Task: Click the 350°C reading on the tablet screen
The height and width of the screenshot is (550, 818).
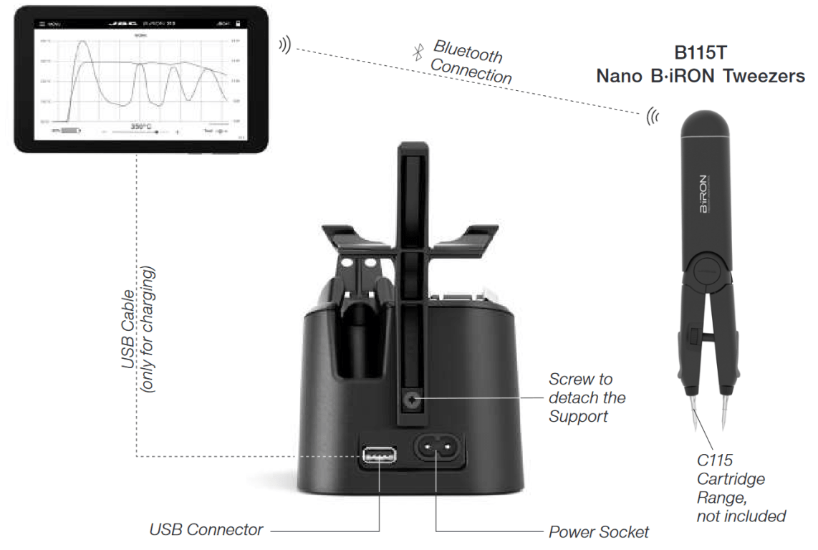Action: [140, 127]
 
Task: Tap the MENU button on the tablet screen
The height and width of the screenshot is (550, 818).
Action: [50, 24]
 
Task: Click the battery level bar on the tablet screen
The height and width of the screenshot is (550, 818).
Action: [69, 132]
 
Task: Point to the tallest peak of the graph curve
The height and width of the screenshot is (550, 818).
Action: [83, 42]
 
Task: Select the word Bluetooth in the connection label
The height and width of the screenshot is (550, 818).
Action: [468, 51]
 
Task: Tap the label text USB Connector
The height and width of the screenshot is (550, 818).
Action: [206, 531]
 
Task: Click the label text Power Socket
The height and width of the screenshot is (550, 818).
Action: [598, 532]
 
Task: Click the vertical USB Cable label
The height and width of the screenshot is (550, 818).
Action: [129, 329]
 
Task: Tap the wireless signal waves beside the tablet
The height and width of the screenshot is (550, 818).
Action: [284, 46]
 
